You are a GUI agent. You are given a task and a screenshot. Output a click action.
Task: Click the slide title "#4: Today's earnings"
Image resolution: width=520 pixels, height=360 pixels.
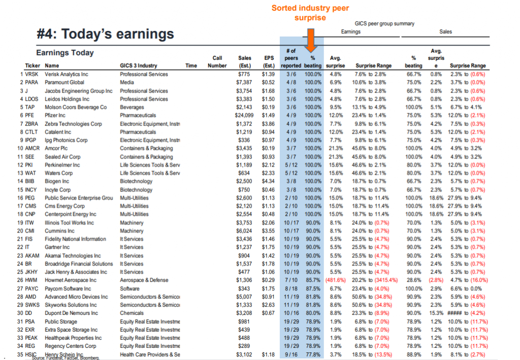(x=106, y=34)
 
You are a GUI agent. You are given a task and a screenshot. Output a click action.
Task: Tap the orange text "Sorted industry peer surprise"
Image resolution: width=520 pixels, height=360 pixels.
(x=310, y=13)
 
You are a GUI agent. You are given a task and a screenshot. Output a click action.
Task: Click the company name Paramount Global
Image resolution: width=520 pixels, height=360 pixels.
(x=64, y=82)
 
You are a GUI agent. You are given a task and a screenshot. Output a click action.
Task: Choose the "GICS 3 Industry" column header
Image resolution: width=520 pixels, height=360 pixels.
(x=138, y=66)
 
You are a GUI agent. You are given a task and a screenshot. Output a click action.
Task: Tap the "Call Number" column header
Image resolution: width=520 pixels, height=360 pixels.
(x=217, y=62)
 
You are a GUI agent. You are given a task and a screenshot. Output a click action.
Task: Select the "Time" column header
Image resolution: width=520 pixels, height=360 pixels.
(x=191, y=66)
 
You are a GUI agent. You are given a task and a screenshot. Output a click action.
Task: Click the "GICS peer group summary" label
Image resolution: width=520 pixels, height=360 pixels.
(x=384, y=23)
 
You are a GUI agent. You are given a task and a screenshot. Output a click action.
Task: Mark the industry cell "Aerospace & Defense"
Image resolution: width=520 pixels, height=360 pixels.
(x=144, y=280)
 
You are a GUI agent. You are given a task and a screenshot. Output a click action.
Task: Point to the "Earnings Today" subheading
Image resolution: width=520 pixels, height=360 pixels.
(x=65, y=53)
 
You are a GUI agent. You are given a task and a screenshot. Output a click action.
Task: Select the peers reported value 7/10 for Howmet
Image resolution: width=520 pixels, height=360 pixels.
(x=291, y=280)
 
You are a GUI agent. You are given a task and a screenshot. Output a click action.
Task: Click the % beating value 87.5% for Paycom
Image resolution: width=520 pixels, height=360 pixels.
(x=313, y=288)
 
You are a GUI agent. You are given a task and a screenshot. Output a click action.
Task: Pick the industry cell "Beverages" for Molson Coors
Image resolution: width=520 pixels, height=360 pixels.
(x=132, y=107)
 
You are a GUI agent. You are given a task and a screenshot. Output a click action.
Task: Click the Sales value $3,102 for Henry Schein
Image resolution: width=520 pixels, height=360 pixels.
(x=245, y=354)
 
